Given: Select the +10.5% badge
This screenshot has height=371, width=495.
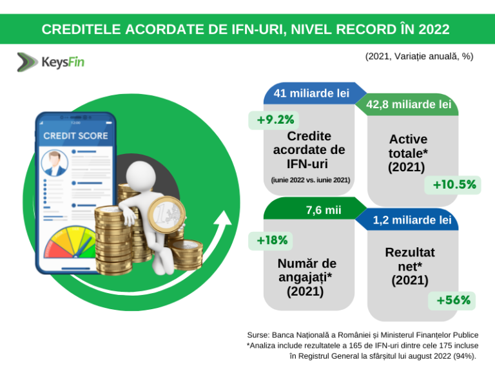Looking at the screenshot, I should click(x=454, y=185).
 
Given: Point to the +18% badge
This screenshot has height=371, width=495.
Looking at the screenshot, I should click(x=272, y=240).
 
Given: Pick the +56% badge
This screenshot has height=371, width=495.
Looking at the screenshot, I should click(x=453, y=300).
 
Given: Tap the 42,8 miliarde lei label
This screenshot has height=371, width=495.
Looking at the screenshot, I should click(x=408, y=104).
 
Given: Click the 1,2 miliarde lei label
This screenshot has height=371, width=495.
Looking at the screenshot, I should click(x=412, y=220).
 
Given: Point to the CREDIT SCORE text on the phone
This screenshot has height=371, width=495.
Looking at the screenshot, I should click(x=75, y=136).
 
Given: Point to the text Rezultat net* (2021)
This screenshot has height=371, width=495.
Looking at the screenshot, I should click(x=409, y=266).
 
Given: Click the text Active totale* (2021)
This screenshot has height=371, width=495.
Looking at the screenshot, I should click(x=408, y=153).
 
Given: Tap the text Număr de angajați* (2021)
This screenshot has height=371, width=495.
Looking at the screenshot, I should click(x=307, y=277).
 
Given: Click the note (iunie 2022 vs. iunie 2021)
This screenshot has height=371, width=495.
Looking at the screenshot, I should click(x=310, y=180).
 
